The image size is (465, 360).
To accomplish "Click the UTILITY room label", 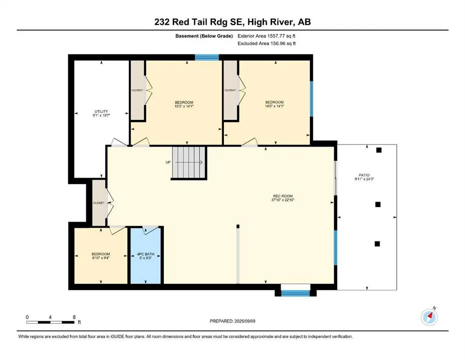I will point(101,112).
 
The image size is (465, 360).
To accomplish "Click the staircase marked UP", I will point(189,163).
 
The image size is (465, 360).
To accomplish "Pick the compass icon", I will point(428,317).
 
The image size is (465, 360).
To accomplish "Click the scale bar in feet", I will point(51,322).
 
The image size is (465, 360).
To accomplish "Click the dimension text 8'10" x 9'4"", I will point(101,257).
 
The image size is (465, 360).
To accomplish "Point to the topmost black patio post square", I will point(379,150).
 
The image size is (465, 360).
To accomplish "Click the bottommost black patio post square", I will point(377,243).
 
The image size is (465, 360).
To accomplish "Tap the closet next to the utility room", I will point(137,90).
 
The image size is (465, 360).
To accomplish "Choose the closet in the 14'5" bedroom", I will point(230,90).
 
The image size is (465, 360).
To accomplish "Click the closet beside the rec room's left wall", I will point(99,203).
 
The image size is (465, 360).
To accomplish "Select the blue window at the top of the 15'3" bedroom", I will point(207,57).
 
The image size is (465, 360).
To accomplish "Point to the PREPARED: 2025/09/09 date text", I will point(232,321).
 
